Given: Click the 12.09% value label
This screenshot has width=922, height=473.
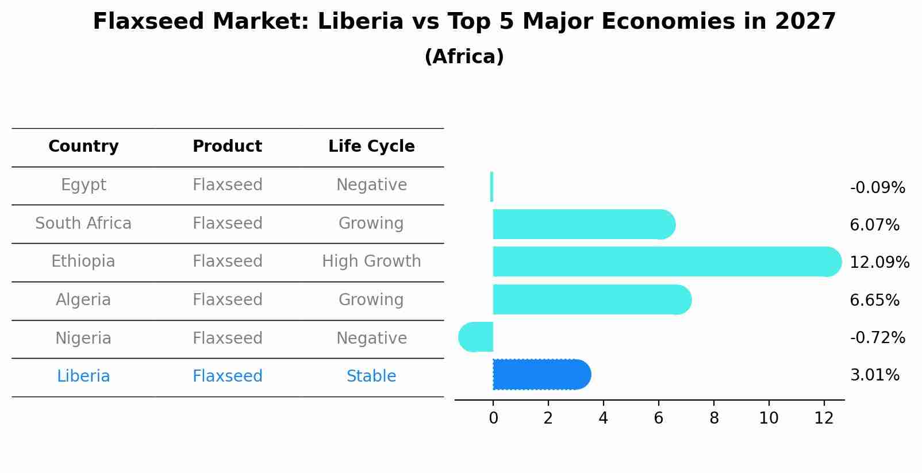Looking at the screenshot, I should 879,263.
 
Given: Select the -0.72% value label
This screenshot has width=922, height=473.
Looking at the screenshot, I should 877,338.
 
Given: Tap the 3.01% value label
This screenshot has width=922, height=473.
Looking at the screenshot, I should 874,375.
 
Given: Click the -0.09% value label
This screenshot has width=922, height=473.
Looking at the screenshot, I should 877,188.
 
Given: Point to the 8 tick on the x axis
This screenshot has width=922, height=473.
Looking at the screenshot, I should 714,418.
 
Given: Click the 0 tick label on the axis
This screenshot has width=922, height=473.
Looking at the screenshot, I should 493,418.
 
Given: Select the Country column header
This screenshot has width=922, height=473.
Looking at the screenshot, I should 83,147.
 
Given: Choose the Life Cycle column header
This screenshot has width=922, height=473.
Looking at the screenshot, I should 371,147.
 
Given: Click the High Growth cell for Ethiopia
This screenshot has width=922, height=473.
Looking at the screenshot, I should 371,262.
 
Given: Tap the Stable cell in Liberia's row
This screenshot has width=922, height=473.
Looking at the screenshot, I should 371,376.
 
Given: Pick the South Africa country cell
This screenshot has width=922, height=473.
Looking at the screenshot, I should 83,224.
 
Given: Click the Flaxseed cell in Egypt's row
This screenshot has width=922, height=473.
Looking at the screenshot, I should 228,185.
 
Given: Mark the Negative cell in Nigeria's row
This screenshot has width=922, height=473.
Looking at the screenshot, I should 371,338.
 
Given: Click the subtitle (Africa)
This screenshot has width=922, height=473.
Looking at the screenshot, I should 464,57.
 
